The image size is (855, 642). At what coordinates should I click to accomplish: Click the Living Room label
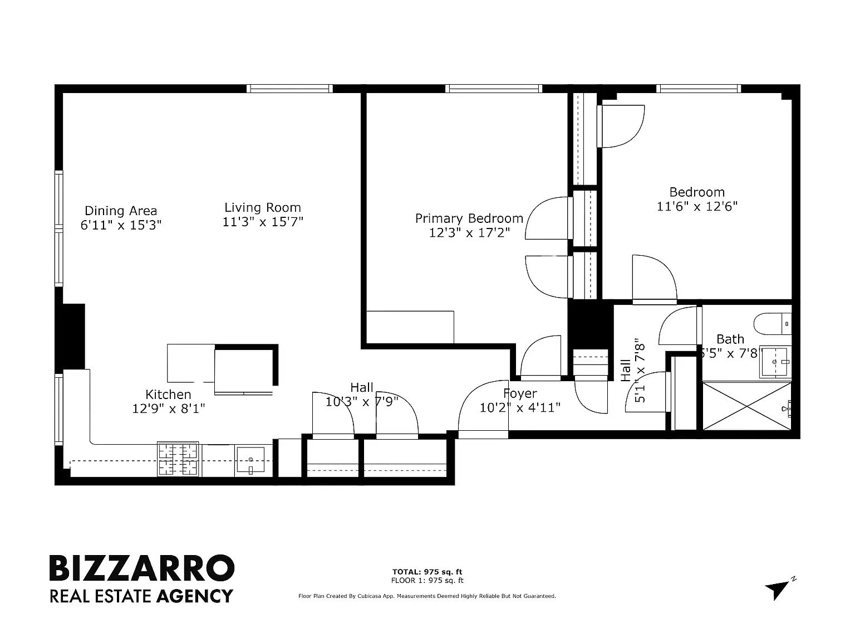tap(263, 207)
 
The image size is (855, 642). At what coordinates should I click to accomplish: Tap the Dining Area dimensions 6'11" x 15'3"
tap(121, 225)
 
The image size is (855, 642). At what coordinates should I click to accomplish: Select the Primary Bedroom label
tap(469, 218)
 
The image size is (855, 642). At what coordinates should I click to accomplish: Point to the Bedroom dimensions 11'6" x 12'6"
tap(697, 206)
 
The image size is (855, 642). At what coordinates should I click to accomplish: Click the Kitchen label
tap(168, 395)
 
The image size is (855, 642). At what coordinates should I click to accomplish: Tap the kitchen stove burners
tap(178, 459)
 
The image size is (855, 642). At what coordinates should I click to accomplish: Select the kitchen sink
tap(250, 460)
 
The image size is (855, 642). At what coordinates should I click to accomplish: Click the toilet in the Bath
tap(773, 324)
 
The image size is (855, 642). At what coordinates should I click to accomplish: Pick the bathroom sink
tap(775, 362)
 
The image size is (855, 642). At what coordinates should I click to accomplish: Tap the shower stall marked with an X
tap(747, 406)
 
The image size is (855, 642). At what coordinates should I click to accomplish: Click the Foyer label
tap(520, 393)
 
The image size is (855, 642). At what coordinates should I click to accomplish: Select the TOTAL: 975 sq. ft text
tap(427, 572)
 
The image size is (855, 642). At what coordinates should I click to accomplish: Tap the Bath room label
tap(730, 339)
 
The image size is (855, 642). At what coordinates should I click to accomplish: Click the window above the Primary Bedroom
tap(494, 89)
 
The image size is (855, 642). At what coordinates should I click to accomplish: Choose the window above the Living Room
tap(290, 89)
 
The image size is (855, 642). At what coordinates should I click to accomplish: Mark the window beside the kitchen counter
tap(59, 409)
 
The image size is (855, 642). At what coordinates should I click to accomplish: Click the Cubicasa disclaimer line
tap(427, 596)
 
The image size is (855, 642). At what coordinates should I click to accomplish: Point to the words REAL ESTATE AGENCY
tap(141, 596)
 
